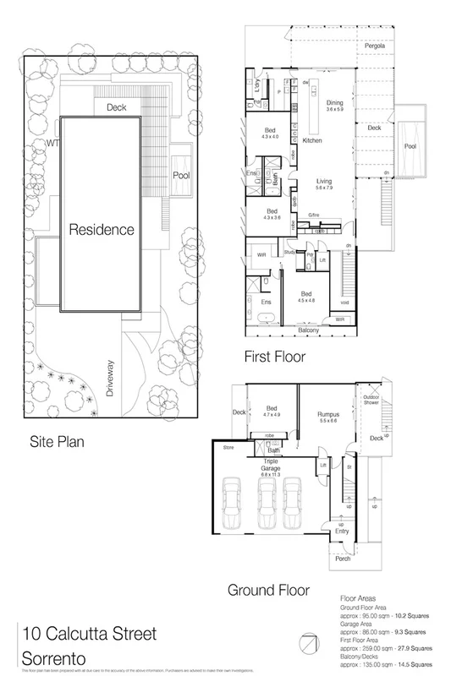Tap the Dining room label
tap(335, 102)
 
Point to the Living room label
tap(324, 181)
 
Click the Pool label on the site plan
tap(181, 176)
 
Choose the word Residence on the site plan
tap(102, 229)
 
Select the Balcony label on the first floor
tap(308, 330)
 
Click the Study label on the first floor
tap(289, 251)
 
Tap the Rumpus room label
tap(327, 414)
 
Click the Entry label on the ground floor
tap(341, 530)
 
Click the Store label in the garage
tap(228, 448)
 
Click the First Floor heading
tap(274, 357)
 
